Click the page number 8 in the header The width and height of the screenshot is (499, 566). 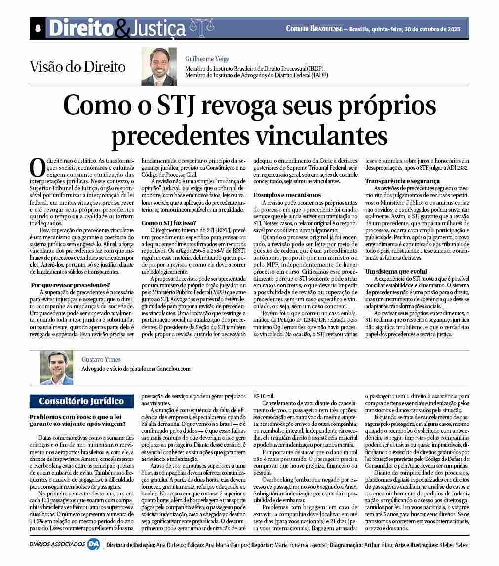pyautogui.click(x=38, y=29)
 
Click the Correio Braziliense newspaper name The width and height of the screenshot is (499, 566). pyautogui.click(x=313, y=29)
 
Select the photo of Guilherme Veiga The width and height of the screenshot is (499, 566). pyautogui.click(x=159, y=67)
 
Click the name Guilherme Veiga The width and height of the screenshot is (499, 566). pyautogui.click(x=207, y=59)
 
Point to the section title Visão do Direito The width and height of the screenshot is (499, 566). pyautogui.click(x=77, y=67)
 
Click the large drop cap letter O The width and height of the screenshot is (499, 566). pyautogui.click(x=38, y=168)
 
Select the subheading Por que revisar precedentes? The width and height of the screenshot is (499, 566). pyautogui.click(x=71, y=285)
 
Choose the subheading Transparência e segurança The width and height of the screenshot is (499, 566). pyautogui.click(x=402, y=181)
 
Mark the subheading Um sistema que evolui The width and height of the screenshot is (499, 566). pyautogui.click(x=396, y=271)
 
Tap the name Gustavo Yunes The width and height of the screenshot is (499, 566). pyautogui.click(x=101, y=359)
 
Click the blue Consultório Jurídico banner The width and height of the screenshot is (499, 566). pyautogui.click(x=81, y=401)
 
